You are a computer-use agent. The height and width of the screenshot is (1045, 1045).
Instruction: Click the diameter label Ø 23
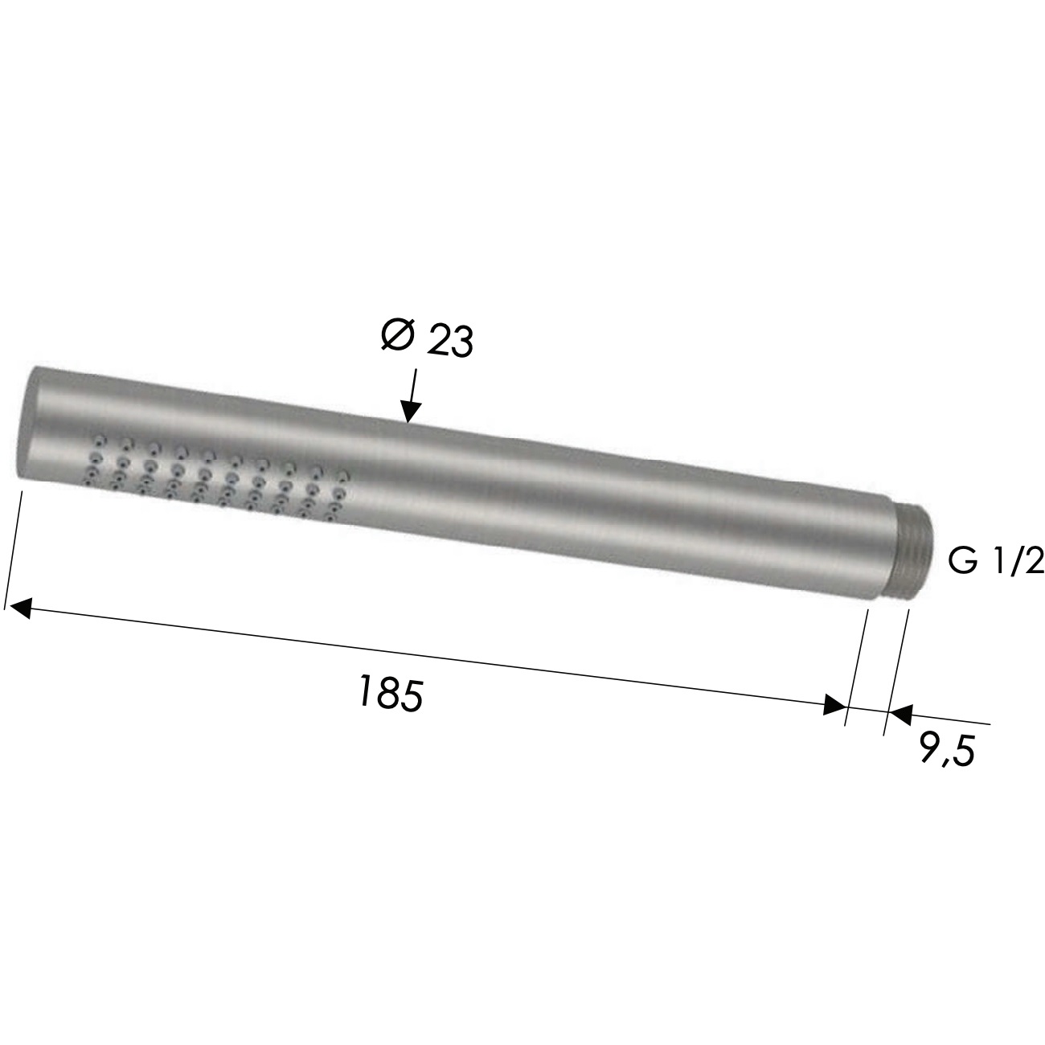pos(427,338)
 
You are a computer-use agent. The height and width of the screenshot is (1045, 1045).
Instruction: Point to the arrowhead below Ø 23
pos(410,412)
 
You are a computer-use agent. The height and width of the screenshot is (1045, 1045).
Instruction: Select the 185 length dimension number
pos(389,692)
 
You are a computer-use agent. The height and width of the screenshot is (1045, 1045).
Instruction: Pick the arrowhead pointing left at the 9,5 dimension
pos(899,713)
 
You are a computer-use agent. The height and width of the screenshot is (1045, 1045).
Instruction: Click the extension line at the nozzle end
pos(13,547)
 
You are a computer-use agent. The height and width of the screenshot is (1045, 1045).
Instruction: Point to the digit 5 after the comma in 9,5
pos(963,752)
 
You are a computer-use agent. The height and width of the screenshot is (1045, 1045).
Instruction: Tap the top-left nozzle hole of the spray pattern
pos(100,439)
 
